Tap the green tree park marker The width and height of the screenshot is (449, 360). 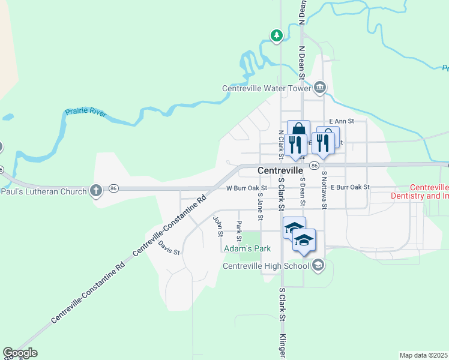click(276, 36)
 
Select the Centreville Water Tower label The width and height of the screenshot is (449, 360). click(267, 88)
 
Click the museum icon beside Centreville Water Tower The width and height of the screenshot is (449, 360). click(320, 88)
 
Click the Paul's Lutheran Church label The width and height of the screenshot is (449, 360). click(42, 191)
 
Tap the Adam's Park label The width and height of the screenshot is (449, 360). click(247, 248)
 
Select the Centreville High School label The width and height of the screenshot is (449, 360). click(265, 266)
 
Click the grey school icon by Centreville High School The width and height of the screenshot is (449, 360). click(318, 265)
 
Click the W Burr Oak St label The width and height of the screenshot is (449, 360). click(246, 188)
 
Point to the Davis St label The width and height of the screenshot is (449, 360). click(169, 248)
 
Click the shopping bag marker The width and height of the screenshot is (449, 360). click(298, 131)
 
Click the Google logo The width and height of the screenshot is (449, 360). click(20, 353)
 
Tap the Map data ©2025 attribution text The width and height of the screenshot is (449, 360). click(423, 355)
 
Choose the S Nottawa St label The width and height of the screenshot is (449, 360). click(324, 190)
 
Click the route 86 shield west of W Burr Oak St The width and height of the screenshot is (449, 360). click(113, 188)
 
